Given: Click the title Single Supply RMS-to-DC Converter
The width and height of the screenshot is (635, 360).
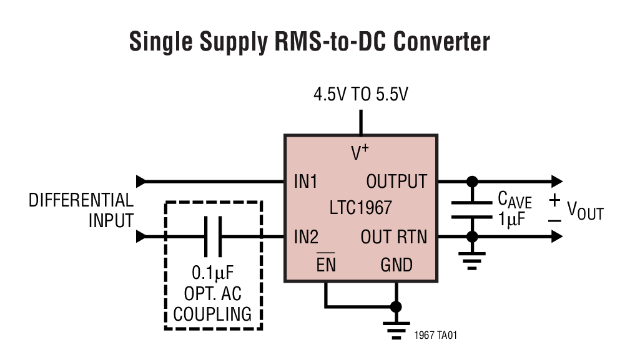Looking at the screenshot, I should click(309, 42).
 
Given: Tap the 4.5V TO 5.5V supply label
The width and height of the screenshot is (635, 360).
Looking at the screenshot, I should click(360, 95).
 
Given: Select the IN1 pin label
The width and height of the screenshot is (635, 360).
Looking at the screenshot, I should click(306, 182).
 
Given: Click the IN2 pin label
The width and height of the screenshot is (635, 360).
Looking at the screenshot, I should click(306, 237).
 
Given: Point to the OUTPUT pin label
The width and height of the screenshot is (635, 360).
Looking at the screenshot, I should click(396, 182).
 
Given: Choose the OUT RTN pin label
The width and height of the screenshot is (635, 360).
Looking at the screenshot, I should click(394, 237).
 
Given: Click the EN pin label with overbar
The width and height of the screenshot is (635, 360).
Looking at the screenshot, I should click(325, 265).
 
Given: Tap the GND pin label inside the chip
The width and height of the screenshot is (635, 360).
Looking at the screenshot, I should click(396, 265).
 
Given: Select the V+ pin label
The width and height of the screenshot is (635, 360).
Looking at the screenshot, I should click(360, 152).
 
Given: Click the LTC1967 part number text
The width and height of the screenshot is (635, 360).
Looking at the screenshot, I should click(362, 207).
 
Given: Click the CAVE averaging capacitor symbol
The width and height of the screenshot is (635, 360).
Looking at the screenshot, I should click(473, 210).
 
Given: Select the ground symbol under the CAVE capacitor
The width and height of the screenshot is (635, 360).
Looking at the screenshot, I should click(473, 260).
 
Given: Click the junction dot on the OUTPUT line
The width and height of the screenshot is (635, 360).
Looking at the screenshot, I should click(473, 182).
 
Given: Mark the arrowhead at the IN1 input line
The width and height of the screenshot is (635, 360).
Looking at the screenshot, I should click(140, 182).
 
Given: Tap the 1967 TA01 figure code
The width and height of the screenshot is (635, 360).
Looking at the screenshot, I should click(436, 335).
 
